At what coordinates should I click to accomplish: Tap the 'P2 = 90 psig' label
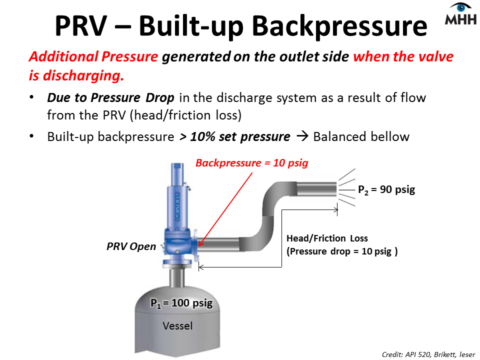(x=386, y=190)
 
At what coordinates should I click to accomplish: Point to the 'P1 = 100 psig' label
(x=185, y=303)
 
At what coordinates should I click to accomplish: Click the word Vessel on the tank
(x=177, y=326)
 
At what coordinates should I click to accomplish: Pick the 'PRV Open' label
(x=131, y=246)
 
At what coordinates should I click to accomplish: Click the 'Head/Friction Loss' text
(x=327, y=238)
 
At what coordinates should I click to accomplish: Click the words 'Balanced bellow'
(x=361, y=136)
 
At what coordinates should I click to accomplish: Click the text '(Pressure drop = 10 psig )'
(x=341, y=251)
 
